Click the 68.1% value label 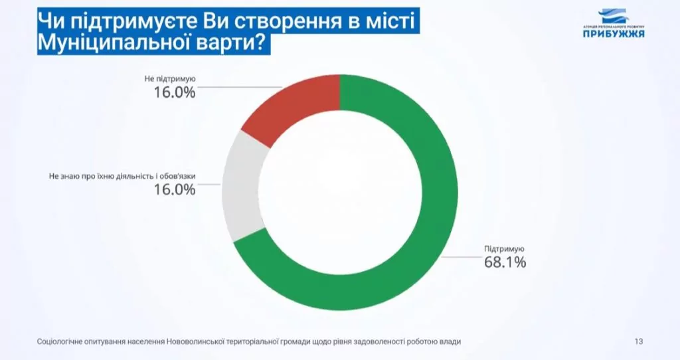tap(505, 262)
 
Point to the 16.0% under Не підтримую tap(175, 92)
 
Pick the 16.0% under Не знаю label tap(175, 190)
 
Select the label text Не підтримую tap(170, 78)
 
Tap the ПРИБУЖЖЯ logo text tap(614, 34)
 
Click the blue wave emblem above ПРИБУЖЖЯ tap(614, 16)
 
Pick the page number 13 tap(639, 341)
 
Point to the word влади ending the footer tap(450, 341)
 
